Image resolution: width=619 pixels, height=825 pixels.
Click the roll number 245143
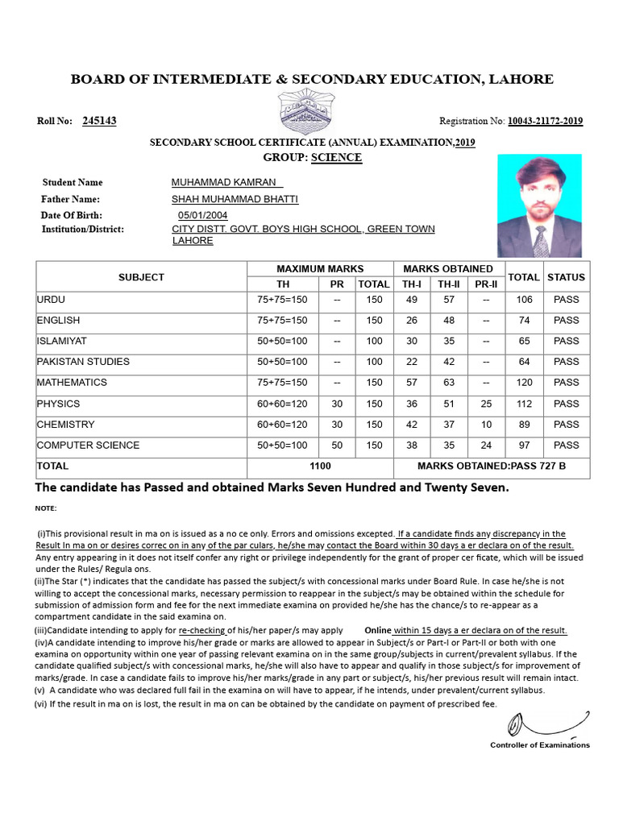(x=99, y=121)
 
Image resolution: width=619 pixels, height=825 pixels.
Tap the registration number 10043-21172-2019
(x=545, y=122)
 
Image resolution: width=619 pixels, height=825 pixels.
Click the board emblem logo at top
(x=309, y=113)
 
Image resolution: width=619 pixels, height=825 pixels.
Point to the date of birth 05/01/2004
(x=202, y=215)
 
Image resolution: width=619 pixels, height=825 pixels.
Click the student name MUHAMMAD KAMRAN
(x=224, y=183)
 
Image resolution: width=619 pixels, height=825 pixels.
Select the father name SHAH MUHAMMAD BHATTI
(x=235, y=199)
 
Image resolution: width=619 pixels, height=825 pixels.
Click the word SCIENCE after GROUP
(x=336, y=157)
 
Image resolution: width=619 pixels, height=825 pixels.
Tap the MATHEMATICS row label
(x=72, y=383)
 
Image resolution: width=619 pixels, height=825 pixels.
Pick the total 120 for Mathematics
(x=524, y=383)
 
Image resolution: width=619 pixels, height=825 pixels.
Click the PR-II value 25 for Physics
(x=485, y=404)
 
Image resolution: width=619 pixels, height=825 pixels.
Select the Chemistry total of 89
(x=524, y=425)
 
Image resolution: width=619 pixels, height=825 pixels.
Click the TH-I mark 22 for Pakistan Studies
(x=411, y=362)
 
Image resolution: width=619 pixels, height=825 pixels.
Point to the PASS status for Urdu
(x=566, y=300)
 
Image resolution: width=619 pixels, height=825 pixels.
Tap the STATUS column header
(x=566, y=277)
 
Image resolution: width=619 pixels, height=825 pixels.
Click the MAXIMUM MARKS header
(x=320, y=269)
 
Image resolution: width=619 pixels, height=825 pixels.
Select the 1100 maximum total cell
(x=320, y=466)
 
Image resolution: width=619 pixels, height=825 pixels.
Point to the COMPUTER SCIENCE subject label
(x=88, y=446)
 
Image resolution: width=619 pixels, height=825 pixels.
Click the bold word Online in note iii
(x=377, y=630)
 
